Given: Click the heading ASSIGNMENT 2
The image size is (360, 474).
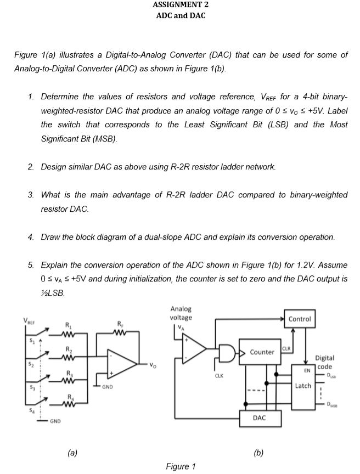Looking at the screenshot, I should [180, 5].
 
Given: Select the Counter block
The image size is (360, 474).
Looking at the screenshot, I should [262, 352].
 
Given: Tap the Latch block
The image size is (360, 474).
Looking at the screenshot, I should [302, 386].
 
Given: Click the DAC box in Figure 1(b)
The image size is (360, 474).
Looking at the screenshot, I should [260, 417].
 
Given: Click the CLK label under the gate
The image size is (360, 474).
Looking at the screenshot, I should [220, 376].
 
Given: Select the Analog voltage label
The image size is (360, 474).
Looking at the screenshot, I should [181, 313].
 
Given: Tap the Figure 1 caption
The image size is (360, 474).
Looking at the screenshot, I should [180, 466].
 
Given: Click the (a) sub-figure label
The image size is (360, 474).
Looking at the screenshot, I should [72, 453].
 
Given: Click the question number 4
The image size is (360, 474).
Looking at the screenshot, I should [31, 237].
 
